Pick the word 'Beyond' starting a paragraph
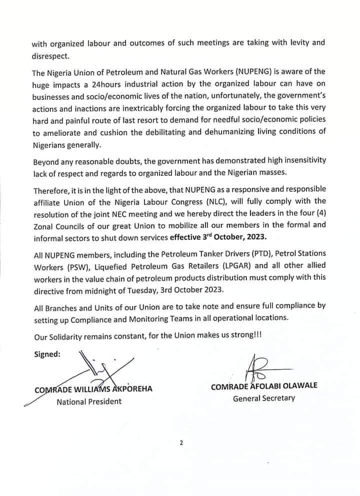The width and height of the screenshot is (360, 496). (47, 161)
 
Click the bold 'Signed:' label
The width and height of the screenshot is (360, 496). (47, 354)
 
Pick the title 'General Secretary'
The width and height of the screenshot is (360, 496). (264, 398)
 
